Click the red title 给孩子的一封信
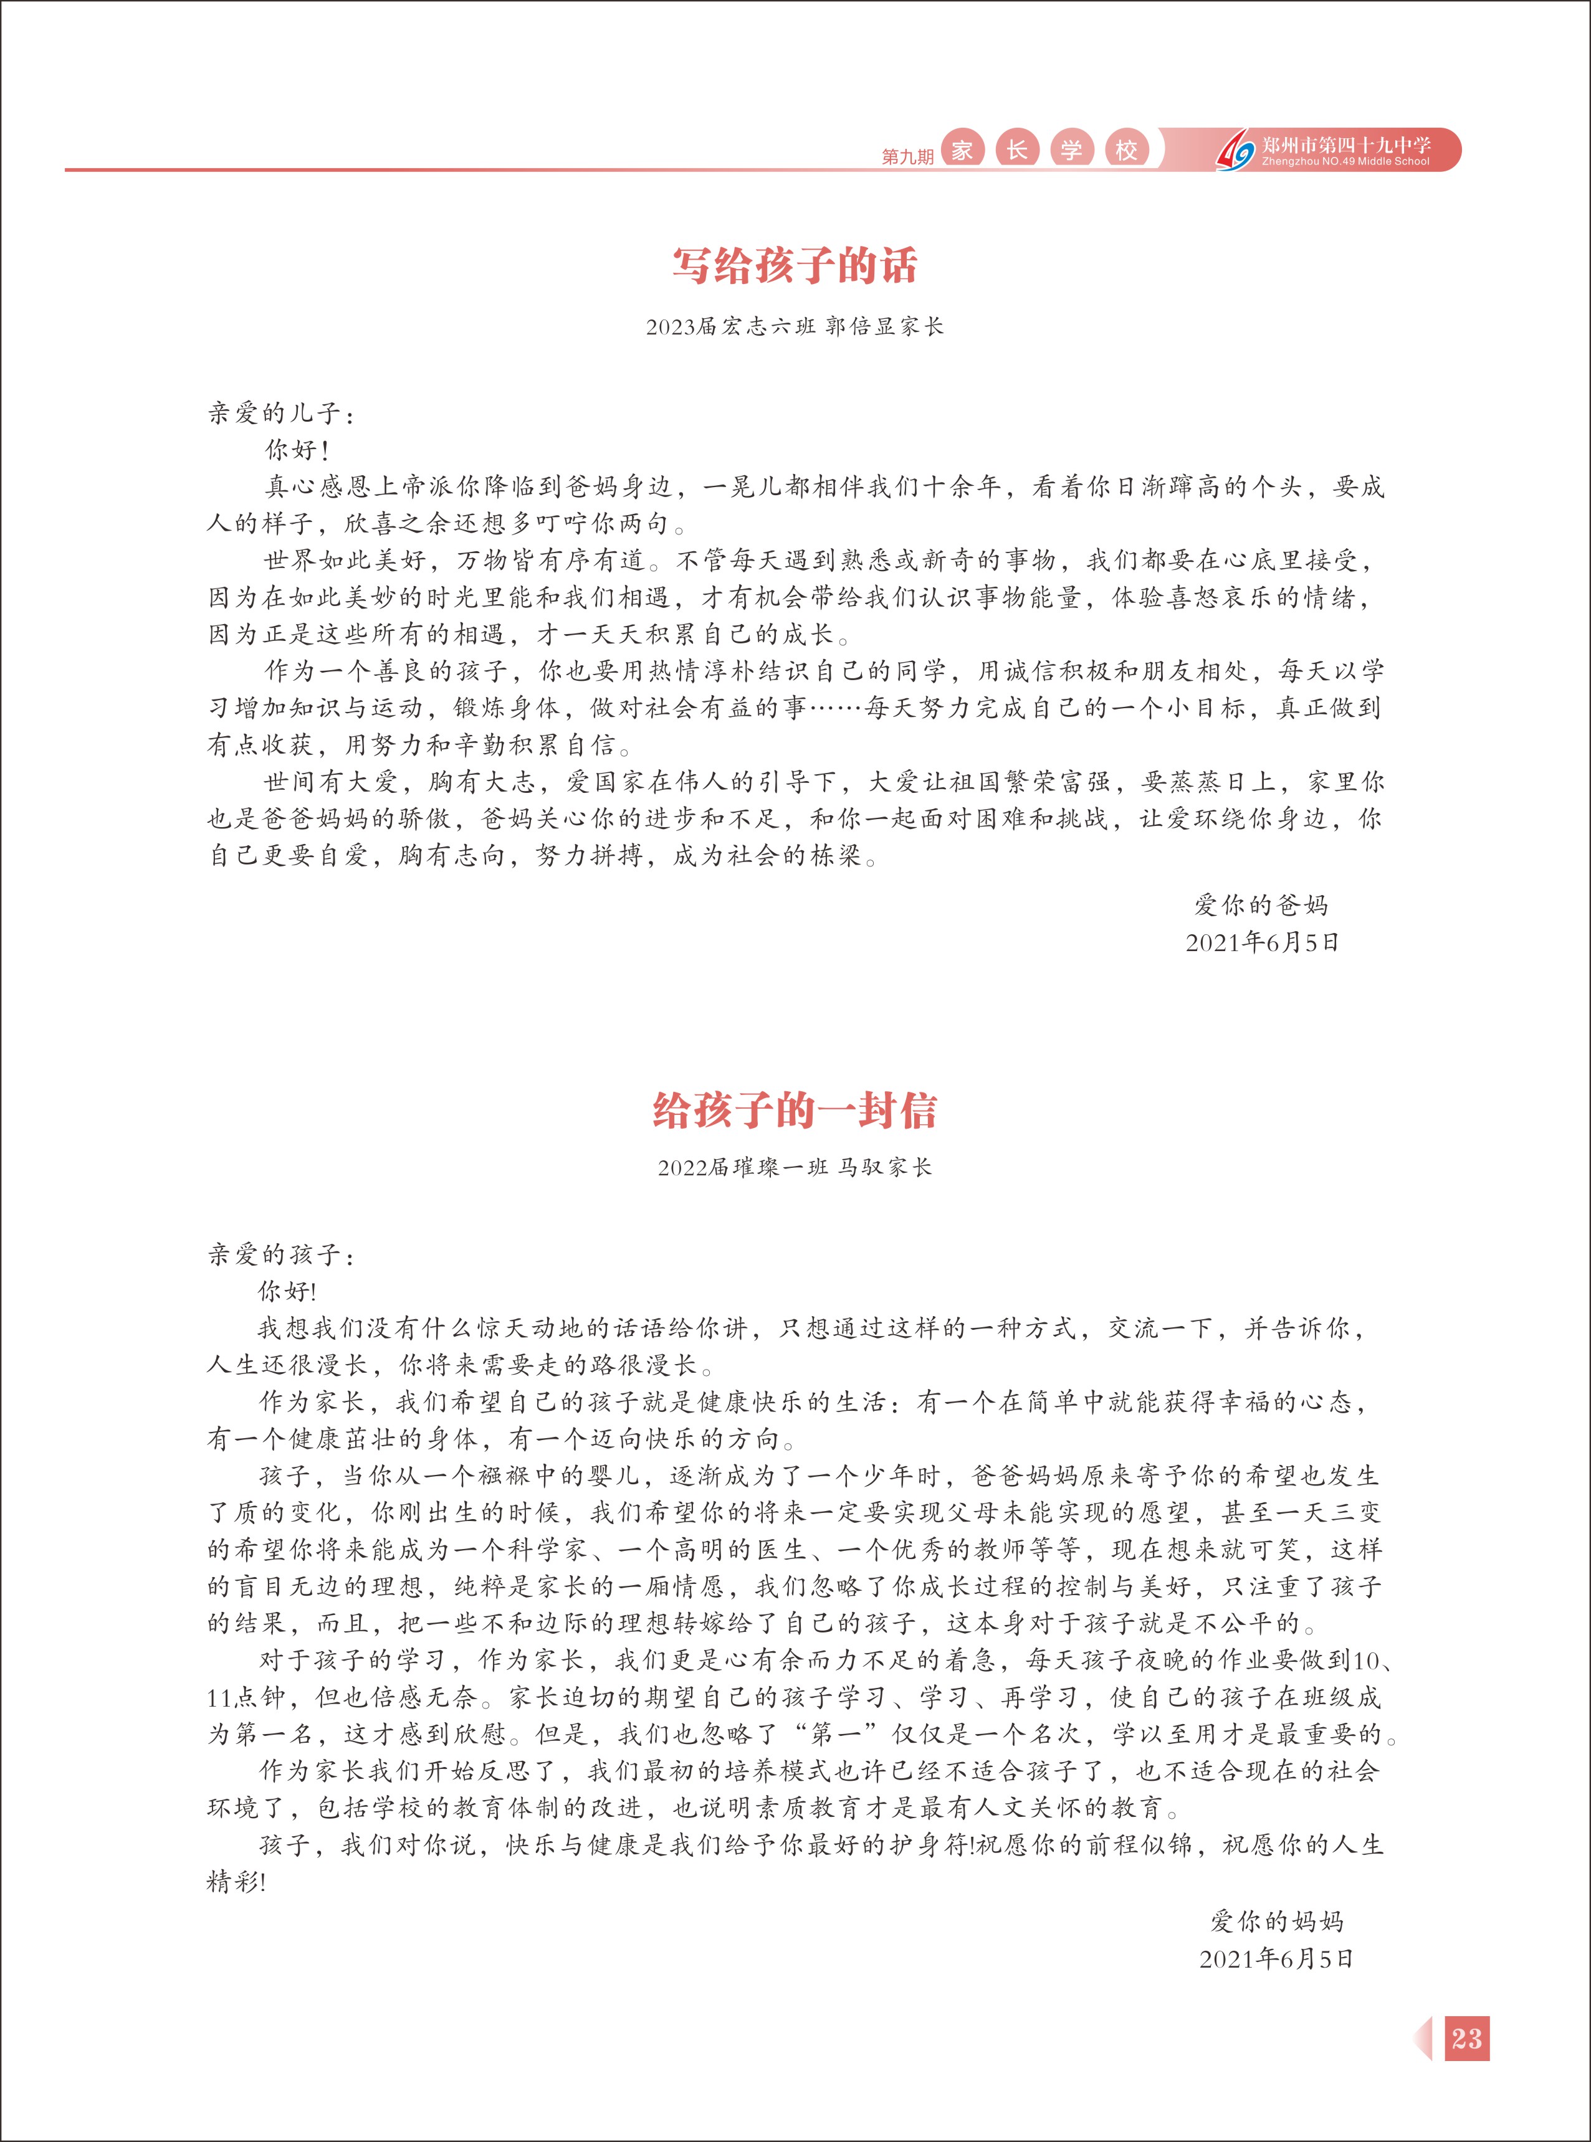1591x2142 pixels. (x=795, y=1110)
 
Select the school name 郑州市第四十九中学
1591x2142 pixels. (x=1345, y=145)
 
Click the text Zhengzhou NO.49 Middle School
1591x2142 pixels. (x=1345, y=162)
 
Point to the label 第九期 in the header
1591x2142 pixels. (x=907, y=156)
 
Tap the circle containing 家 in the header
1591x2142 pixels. (x=961, y=149)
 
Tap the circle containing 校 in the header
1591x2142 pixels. (x=1126, y=149)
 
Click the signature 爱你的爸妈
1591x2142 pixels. (x=1261, y=905)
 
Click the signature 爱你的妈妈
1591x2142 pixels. (x=1276, y=1922)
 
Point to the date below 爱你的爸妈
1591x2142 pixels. (x=1261, y=942)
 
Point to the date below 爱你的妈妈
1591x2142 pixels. (x=1276, y=1958)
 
